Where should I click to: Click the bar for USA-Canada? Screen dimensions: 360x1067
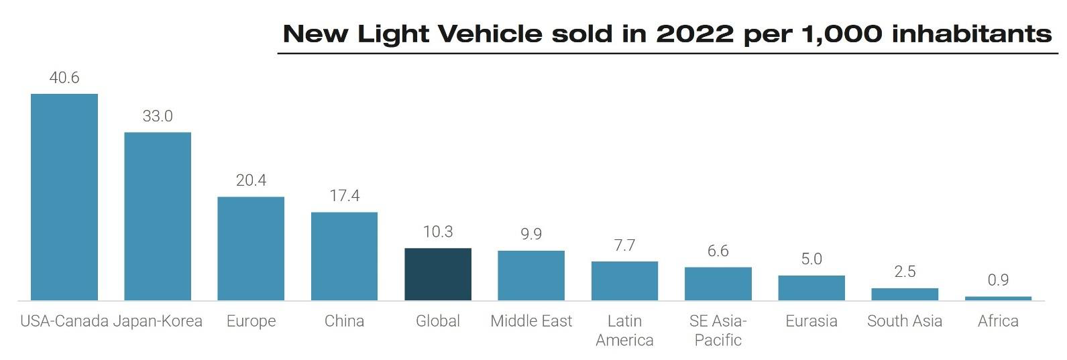[64, 197]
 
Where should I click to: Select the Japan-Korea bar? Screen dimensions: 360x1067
[158, 216]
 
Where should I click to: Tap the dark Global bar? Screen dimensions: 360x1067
[438, 274]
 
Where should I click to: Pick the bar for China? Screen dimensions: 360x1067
[344, 256]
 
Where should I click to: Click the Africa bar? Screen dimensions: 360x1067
[998, 298]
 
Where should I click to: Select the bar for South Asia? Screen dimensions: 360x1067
[905, 294]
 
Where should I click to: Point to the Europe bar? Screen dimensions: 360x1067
[251, 248]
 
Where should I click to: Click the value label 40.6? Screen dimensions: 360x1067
[64, 78]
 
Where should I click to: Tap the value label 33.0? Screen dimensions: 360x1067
[158, 116]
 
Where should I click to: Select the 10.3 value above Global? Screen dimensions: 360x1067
[438, 232]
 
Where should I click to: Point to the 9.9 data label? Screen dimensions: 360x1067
[531, 234]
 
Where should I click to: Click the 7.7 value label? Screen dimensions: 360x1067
[624, 245]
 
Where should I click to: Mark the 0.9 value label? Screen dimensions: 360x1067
[998, 280]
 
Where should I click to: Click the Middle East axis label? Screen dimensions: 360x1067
[531, 321]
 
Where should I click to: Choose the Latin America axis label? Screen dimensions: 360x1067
[624, 331]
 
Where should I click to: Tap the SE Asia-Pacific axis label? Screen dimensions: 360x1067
[718, 331]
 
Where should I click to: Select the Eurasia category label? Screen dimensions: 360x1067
[811, 321]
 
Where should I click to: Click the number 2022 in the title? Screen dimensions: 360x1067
[695, 34]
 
